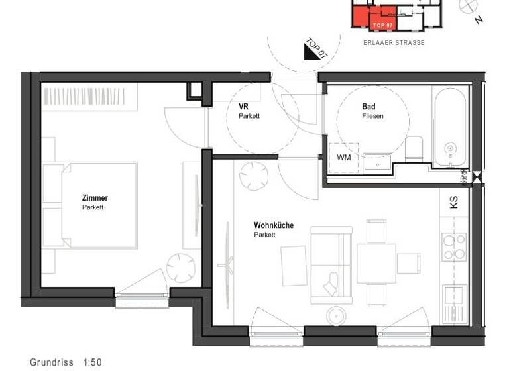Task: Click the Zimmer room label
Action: click(x=94, y=198)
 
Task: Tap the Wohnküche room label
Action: click(x=273, y=225)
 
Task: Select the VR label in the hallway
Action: click(x=244, y=106)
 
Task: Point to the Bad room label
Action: click(x=368, y=106)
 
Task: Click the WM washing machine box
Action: click(x=343, y=158)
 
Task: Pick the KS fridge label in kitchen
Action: click(x=454, y=203)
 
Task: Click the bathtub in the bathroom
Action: click(x=451, y=129)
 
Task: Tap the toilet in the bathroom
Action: click(x=414, y=146)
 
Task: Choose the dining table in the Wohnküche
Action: click(x=376, y=263)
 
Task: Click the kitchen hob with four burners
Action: click(x=455, y=246)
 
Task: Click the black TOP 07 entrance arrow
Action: click(x=312, y=50)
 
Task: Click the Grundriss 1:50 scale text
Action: click(x=66, y=362)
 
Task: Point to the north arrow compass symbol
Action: click(x=470, y=6)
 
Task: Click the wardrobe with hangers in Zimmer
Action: click(x=89, y=97)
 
